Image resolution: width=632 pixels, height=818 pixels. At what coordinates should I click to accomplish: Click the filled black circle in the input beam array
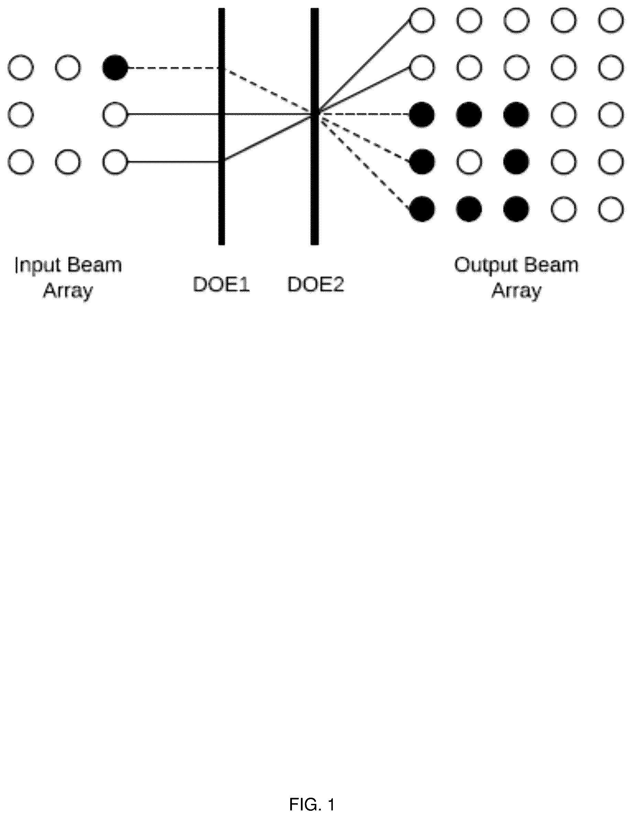coord(115,68)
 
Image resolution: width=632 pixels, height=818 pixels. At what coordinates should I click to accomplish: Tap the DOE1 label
coord(221,285)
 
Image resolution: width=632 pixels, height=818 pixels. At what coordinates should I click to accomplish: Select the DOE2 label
coord(315,285)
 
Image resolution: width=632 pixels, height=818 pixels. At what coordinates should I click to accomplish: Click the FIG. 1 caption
coord(312,804)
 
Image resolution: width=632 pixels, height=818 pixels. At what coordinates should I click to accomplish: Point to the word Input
coord(37,266)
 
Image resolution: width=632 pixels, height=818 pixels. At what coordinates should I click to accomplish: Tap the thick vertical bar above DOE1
coord(222,127)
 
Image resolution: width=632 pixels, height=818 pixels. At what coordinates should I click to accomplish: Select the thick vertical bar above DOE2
coord(315,127)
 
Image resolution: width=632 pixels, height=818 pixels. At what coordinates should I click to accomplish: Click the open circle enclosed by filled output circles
coord(469,162)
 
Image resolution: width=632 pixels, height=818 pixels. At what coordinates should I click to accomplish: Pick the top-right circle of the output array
coord(611,20)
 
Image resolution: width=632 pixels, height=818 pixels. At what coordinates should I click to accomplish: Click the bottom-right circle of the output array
coord(611,209)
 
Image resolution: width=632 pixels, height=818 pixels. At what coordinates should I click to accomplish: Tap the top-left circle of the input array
coord(21,68)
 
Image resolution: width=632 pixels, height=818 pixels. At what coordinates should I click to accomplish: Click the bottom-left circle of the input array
coord(21,162)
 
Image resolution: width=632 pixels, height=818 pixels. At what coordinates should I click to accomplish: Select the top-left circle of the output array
coord(422,20)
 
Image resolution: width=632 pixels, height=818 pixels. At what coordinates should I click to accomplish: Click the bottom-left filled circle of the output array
coord(422,209)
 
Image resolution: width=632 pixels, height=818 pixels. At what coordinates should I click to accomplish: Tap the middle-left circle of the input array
coord(21,115)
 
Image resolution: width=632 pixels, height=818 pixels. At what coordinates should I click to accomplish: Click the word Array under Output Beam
coord(516,291)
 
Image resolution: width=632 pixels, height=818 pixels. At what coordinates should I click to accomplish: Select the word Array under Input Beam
coord(68,291)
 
